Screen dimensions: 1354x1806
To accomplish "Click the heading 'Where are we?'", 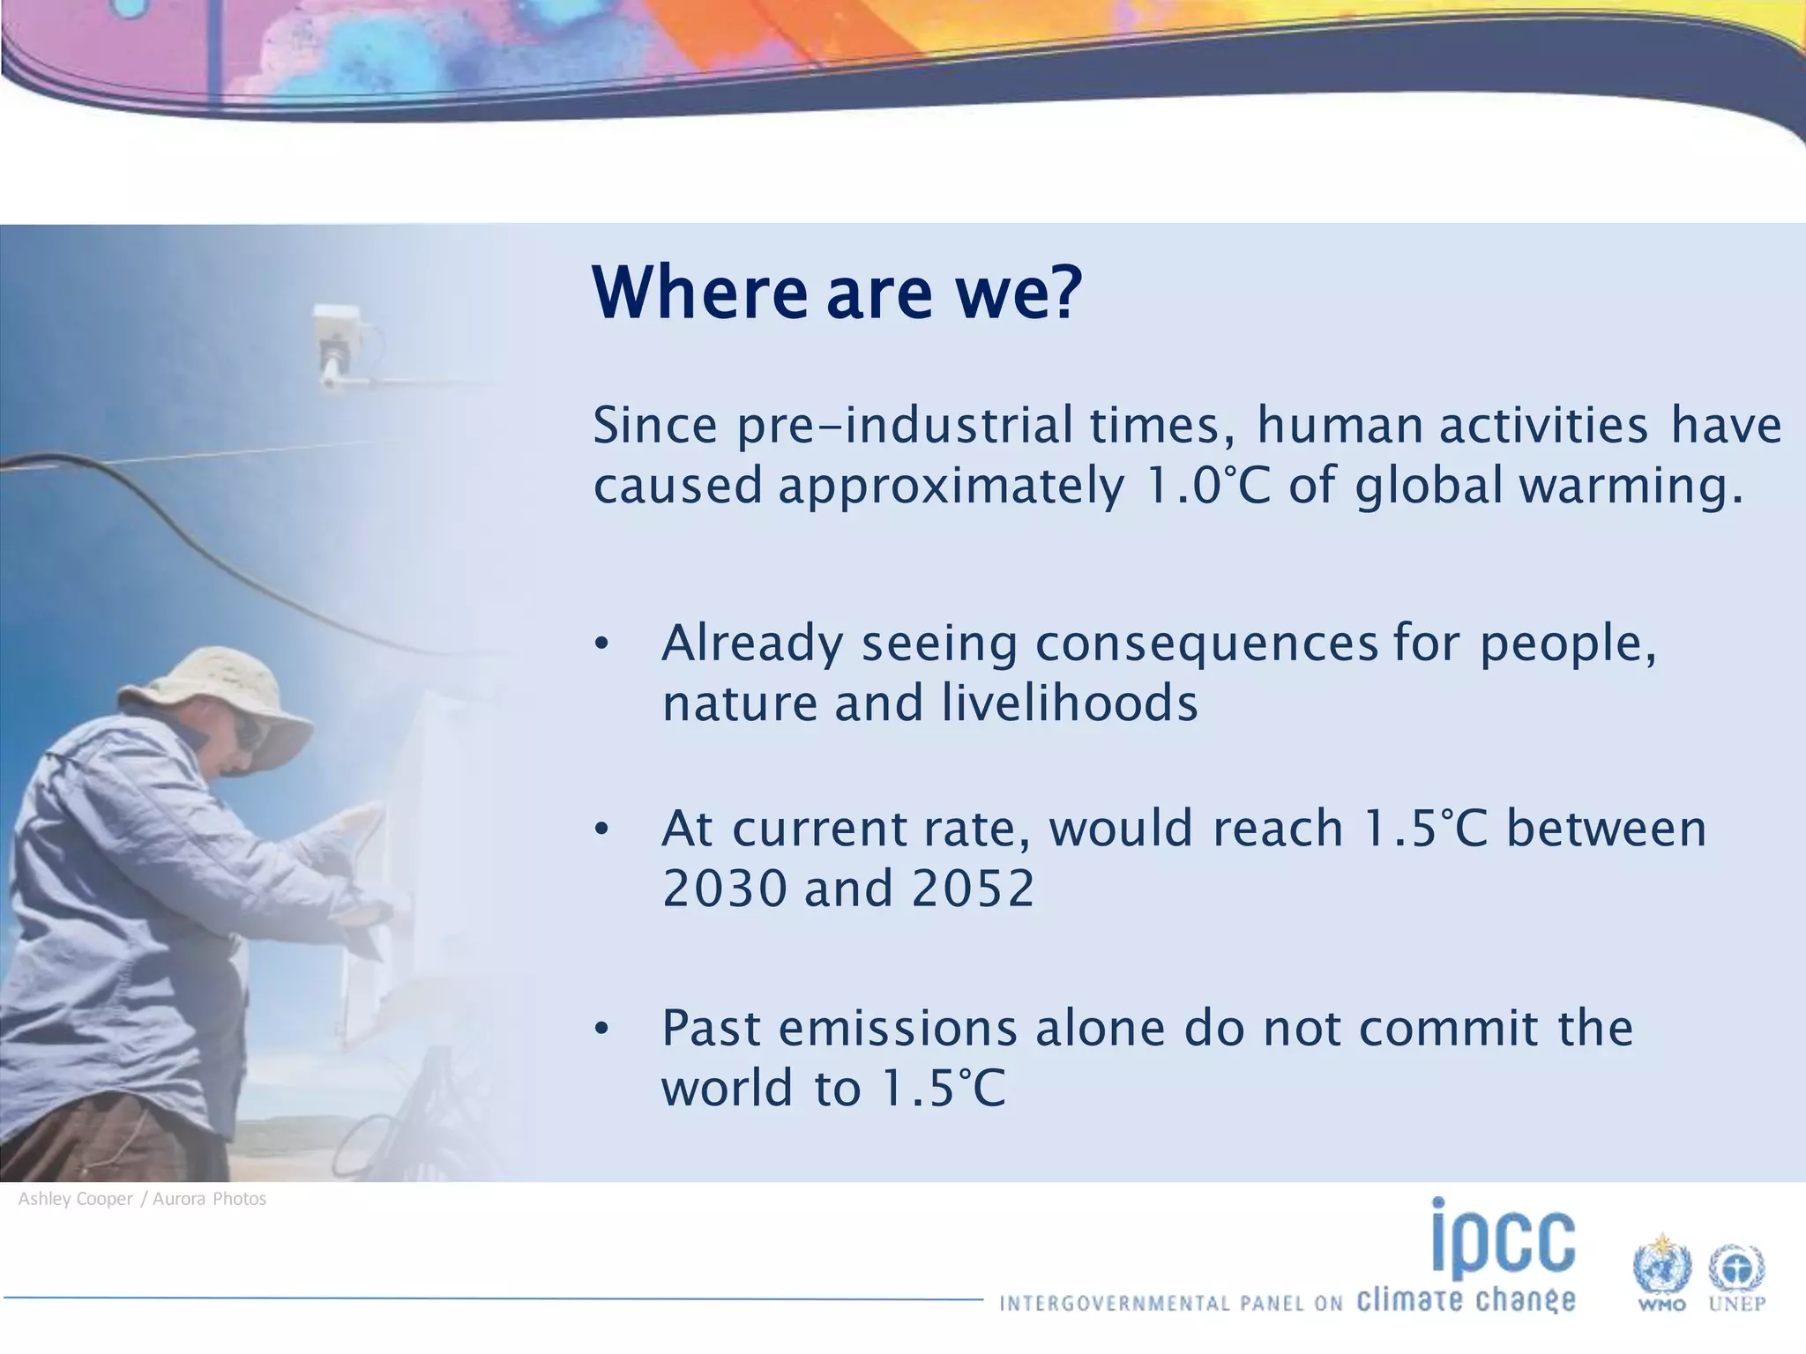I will click(836, 293).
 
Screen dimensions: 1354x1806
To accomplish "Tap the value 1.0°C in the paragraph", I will click(1207, 485).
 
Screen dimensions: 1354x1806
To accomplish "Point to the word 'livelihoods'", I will click(1069, 703).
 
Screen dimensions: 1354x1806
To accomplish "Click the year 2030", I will click(725, 888).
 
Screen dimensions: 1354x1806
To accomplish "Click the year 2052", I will click(973, 888).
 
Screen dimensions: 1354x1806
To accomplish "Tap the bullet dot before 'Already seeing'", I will click(601, 644).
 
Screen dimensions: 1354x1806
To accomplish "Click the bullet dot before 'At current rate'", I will click(601, 830).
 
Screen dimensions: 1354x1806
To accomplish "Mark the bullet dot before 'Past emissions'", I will click(601, 1029).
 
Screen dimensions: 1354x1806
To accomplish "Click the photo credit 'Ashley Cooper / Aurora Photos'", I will click(142, 1199).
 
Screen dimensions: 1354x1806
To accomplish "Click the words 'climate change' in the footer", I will click(1466, 1300).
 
